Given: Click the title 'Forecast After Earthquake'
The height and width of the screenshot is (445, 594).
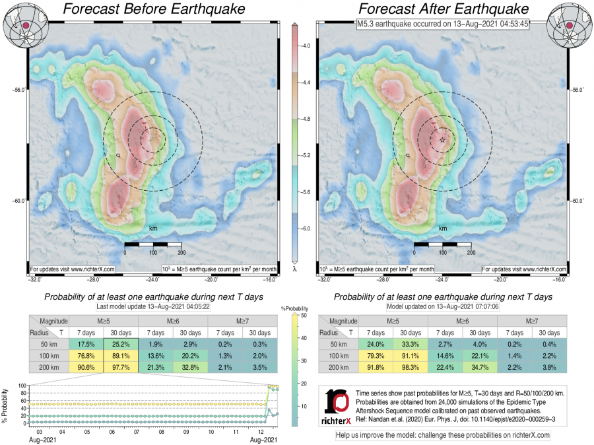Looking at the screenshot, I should pyautogui.click(x=444, y=9).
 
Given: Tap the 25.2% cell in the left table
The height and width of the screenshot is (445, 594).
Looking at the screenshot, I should pyautogui.click(x=119, y=344).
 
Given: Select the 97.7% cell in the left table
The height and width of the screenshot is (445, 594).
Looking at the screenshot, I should pyautogui.click(x=119, y=367).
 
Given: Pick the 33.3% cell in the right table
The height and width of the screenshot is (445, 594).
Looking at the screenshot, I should pyautogui.click(x=410, y=344).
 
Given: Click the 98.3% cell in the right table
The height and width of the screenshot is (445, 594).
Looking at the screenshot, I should pyautogui.click(x=410, y=367).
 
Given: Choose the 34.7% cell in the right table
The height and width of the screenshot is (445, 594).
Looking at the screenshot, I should pyautogui.click(x=480, y=367).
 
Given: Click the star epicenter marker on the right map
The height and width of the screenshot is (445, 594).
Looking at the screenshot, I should pyautogui.click(x=442, y=140).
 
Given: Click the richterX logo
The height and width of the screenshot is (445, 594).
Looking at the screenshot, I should pyautogui.click(x=339, y=404).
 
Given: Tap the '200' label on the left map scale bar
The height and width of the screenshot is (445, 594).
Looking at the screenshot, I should pyautogui.click(x=181, y=253).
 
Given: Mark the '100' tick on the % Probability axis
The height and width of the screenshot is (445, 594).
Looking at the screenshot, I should pyautogui.click(x=22, y=386).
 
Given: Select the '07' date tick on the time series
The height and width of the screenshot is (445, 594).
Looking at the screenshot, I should pyautogui.click(x=137, y=431).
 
